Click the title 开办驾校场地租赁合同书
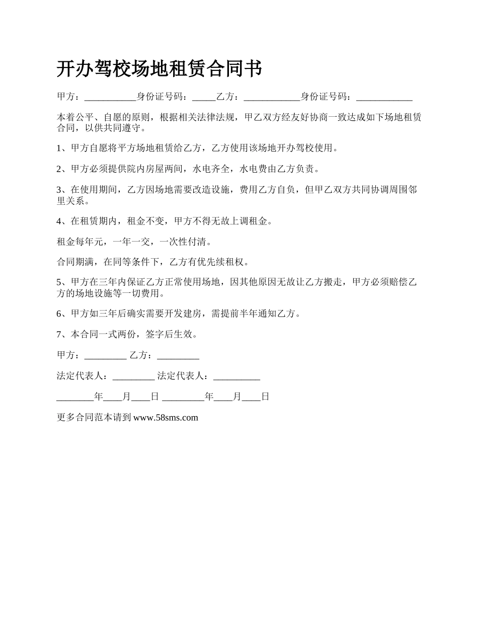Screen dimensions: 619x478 pos(159,68)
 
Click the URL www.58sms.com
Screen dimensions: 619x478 pos(166,417)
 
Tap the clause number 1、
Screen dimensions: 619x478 pos(63,148)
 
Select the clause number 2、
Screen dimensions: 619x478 pos(63,169)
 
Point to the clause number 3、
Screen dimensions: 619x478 pos(63,190)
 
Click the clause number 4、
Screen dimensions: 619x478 pos(63,221)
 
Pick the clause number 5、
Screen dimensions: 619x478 pos(63,282)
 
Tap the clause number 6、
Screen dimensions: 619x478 pos(63,314)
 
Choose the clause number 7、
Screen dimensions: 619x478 pos(63,334)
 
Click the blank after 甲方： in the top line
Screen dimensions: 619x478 pos(108,97)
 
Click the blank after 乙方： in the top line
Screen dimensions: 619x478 pos(271,97)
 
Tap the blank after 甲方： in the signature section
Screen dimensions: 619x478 pos(106,355)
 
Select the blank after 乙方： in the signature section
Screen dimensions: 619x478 pos(178,355)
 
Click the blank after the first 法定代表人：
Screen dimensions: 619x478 pos(133,376)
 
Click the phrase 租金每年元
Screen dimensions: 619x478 pos(80,242)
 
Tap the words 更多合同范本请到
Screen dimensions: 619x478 pos(94,417)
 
